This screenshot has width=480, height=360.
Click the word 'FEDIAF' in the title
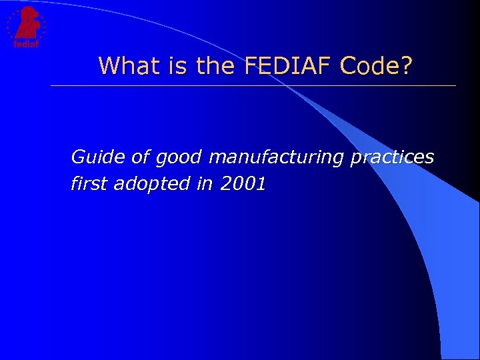coord(289,65)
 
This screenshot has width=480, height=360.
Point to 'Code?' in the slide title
coord(377,65)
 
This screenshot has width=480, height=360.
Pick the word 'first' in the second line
coord(89,184)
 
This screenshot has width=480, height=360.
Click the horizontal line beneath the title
coord(253,86)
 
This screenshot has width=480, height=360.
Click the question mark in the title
coord(406,65)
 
